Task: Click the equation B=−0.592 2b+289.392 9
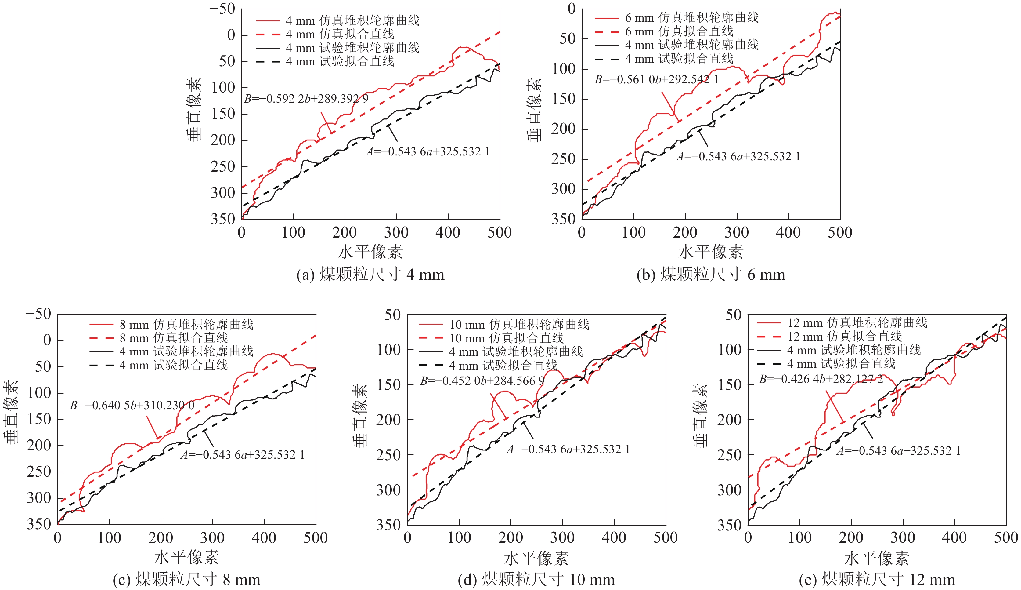point(306,99)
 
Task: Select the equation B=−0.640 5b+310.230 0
point(132,405)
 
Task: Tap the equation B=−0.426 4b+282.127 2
point(821,379)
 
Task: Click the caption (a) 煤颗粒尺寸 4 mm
point(370,275)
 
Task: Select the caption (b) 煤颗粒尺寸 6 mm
point(710,275)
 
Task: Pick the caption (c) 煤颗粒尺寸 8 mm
point(186,580)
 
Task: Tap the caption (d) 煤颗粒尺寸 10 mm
point(536,580)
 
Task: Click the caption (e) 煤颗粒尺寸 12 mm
point(877,580)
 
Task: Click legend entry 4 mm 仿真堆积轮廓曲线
point(352,20)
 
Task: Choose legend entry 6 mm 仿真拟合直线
point(679,31)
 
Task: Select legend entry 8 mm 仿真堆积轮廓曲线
point(186,324)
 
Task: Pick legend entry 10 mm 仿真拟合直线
point(506,338)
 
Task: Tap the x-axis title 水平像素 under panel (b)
point(710,252)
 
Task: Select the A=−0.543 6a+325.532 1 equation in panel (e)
point(898,451)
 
